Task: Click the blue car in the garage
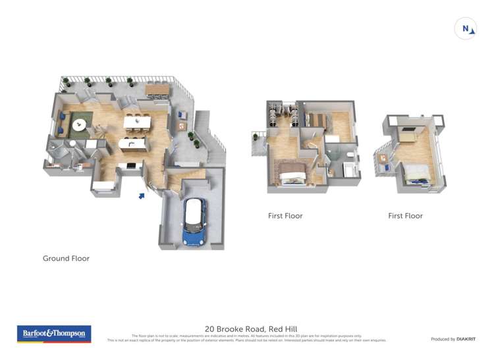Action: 194,222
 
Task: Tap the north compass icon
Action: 466,28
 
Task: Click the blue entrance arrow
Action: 142,195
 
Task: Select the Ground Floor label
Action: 66,259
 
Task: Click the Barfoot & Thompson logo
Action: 53,334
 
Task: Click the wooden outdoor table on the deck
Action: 157,90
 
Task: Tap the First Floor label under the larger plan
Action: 285,216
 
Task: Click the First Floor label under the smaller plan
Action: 405,216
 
